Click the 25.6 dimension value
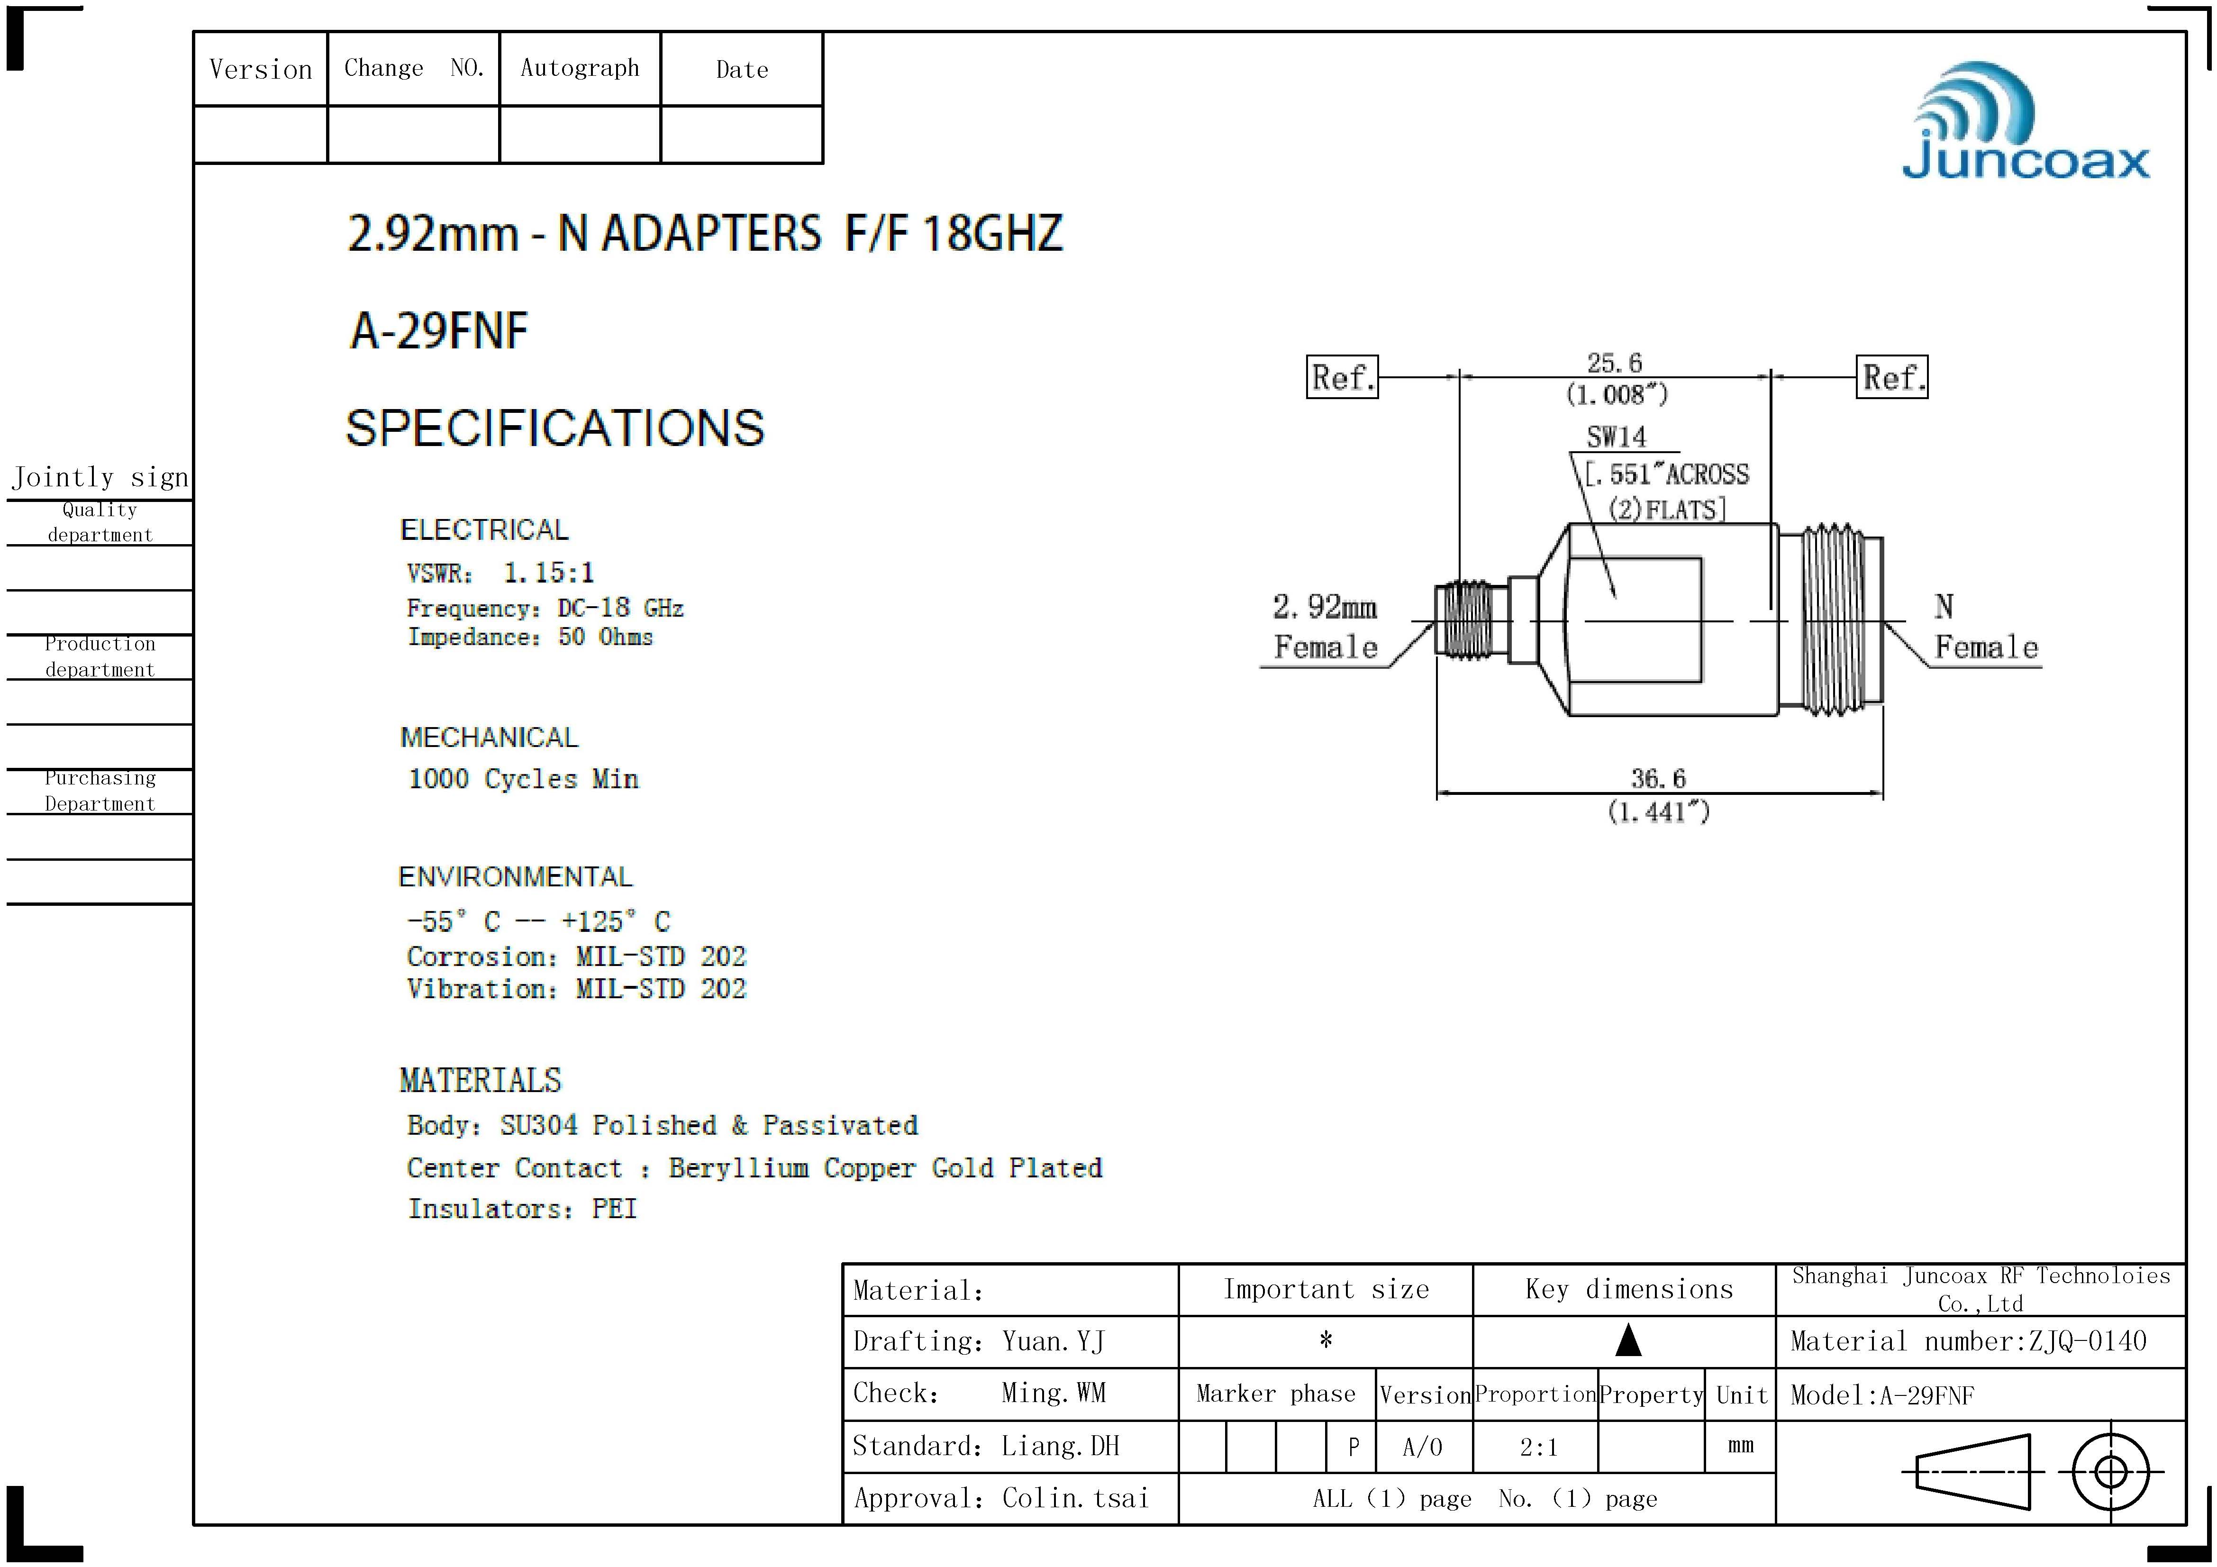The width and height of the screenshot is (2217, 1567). (1615, 363)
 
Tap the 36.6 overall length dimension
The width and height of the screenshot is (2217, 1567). (1658, 778)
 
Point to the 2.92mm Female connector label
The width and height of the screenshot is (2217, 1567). (1325, 627)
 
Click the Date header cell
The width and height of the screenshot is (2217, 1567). (742, 70)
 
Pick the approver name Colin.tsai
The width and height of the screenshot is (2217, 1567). (1075, 1498)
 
